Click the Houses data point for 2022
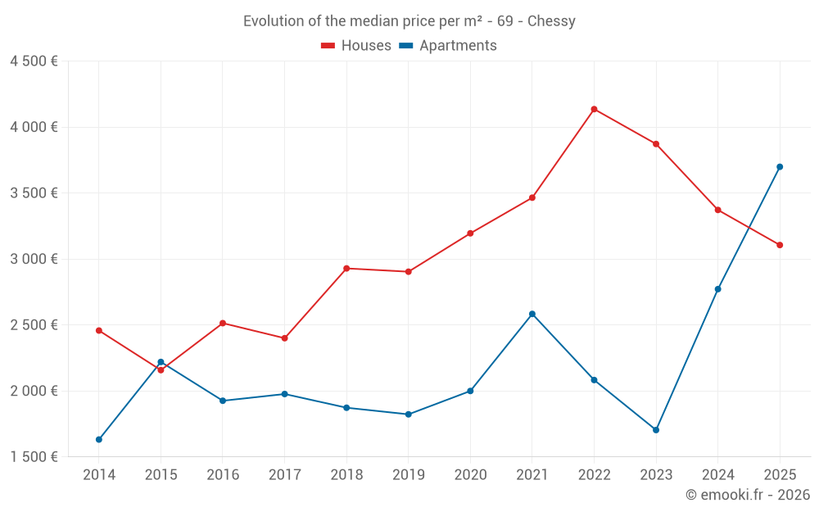(594, 109)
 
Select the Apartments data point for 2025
(780, 167)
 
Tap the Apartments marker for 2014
(99, 440)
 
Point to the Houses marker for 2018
(346, 269)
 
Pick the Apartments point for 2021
(532, 314)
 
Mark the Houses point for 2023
(656, 144)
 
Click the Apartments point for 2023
(656, 430)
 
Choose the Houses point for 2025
(780, 245)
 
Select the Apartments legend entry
(449, 46)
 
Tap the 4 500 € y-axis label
(34, 61)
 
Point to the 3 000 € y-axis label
(34, 259)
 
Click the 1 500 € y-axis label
(34, 457)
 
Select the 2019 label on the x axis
(408, 475)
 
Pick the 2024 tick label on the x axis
(717, 475)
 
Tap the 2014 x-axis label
(99, 475)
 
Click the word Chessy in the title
(551, 21)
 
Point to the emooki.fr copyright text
(748, 495)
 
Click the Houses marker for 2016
(223, 323)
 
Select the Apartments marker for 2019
(408, 415)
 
